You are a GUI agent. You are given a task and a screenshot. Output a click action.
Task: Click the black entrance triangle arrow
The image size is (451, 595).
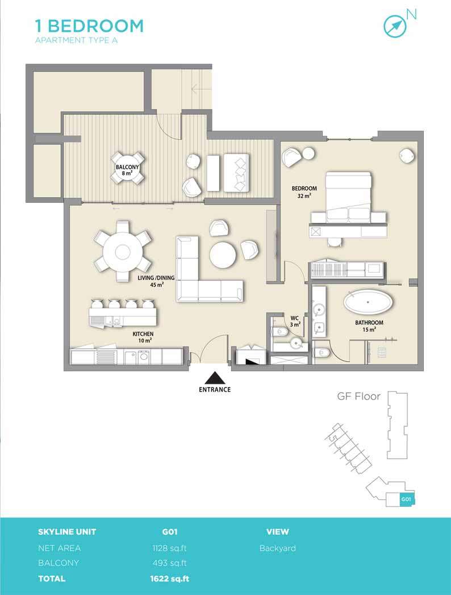click(215, 378)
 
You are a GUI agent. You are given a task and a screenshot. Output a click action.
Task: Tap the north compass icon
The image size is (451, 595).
click(395, 26)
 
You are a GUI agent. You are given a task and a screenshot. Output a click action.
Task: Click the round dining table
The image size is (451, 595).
click(123, 251)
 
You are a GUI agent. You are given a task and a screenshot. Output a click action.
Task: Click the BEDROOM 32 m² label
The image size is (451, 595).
click(304, 192)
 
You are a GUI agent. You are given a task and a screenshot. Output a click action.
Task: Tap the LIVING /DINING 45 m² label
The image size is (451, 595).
click(156, 281)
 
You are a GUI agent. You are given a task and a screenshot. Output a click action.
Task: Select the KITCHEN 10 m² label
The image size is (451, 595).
click(143, 337)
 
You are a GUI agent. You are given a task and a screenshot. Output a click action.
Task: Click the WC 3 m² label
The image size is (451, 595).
click(295, 322)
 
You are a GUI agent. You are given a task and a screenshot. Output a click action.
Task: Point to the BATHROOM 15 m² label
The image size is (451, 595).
click(369, 326)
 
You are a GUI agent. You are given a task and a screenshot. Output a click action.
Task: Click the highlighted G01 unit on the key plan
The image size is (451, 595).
click(406, 499)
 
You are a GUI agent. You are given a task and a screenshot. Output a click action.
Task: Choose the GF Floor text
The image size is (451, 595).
click(359, 397)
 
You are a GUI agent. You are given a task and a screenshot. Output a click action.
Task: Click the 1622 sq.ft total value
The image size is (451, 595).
click(170, 579)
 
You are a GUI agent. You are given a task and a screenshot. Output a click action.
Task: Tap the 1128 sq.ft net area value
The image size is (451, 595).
click(170, 548)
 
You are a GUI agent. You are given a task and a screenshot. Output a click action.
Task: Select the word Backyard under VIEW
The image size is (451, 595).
click(278, 548)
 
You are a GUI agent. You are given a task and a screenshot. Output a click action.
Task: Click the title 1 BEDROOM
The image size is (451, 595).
click(90, 26)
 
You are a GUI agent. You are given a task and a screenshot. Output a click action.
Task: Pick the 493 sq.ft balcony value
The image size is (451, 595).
click(170, 563)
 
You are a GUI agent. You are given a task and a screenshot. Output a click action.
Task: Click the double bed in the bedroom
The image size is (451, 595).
click(348, 197)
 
